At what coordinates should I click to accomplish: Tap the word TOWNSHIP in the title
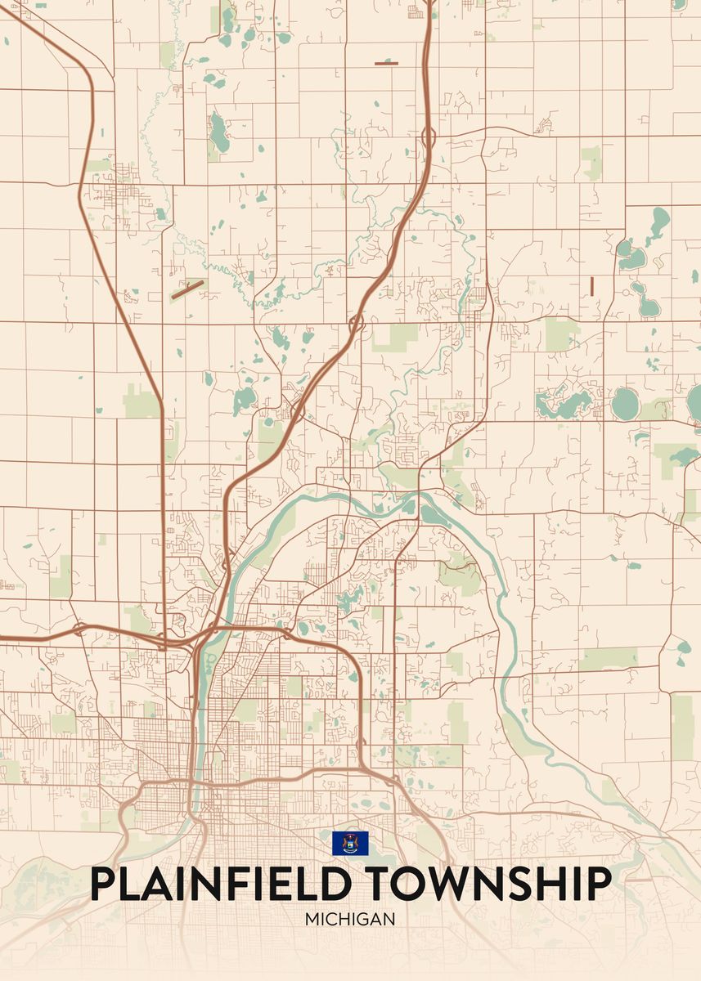(x=486, y=884)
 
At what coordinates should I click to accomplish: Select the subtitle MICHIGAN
(x=350, y=919)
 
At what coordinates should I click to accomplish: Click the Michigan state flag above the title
(x=350, y=843)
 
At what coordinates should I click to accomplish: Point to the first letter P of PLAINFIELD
(x=102, y=884)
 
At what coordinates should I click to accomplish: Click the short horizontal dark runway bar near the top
(x=386, y=63)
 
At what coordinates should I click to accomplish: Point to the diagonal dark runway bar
(x=188, y=289)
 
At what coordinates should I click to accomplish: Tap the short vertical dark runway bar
(x=591, y=285)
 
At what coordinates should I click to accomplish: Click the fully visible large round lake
(x=625, y=402)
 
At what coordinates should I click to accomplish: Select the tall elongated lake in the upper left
(x=219, y=132)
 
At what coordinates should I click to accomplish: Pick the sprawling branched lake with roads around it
(x=564, y=401)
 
